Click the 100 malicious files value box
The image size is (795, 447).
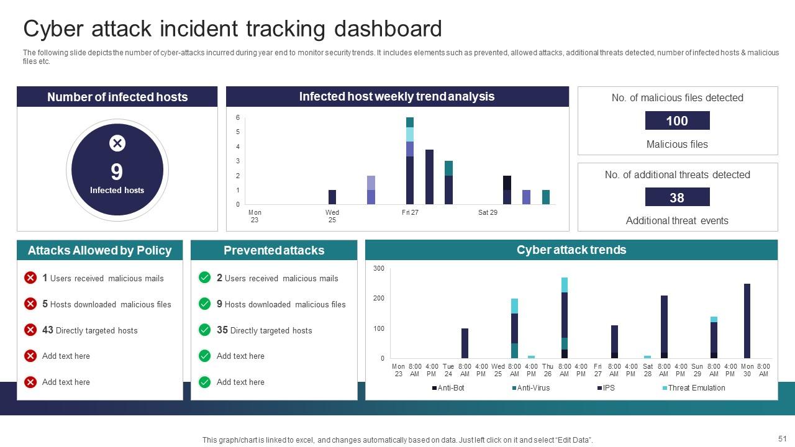pos(677,120)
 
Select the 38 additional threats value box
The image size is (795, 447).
pos(677,197)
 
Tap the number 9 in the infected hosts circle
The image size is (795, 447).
pos(117,171)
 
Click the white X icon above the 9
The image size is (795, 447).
pos(117,143)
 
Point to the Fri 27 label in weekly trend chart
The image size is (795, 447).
pos(410,212)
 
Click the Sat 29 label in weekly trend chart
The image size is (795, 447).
pos(488,212)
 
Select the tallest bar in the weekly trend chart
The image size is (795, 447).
pos(410,161)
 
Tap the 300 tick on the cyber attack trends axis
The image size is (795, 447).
pos(379,269)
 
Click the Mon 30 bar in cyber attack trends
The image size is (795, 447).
pos(747,321)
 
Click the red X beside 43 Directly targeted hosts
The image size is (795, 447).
pos(30,330)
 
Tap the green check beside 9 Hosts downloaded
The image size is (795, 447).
pos(204,304)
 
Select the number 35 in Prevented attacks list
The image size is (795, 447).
pos(222,330)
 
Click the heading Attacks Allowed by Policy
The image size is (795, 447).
pos(99,251)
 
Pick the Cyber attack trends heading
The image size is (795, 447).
pos(571,250)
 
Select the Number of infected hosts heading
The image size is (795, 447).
pos(117,97)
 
